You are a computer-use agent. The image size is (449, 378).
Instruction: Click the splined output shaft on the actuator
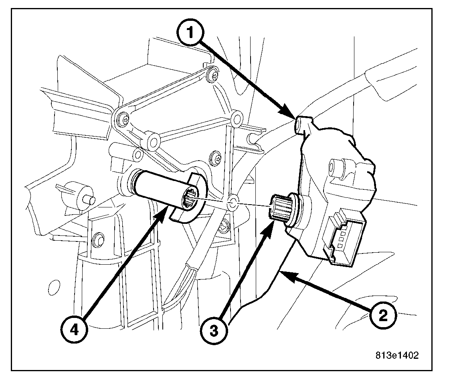(279, 206)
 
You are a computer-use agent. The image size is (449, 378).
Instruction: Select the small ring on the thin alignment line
(233, 203)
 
